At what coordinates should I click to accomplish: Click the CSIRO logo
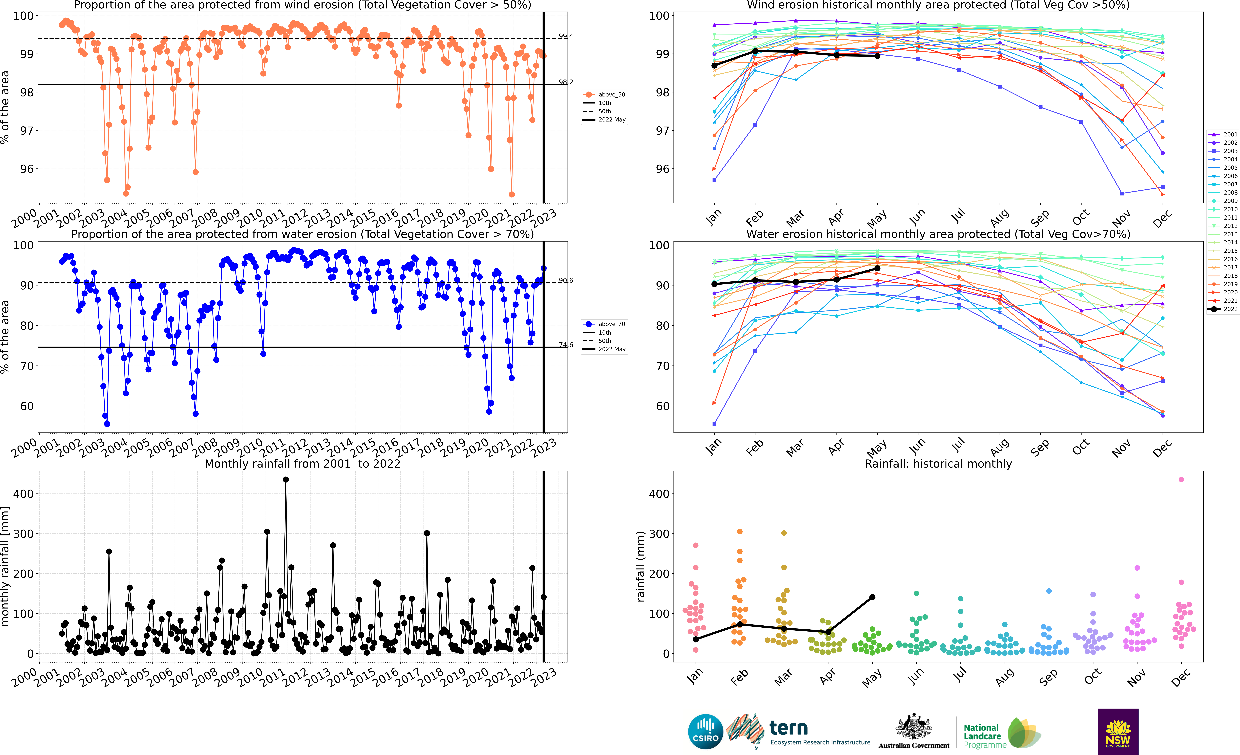(x=706, y=731)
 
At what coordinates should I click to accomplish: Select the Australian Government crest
(x=913, y=727)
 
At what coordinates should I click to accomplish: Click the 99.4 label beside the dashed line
(x=566, y=36)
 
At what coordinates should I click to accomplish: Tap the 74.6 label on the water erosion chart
(x=566, y=345)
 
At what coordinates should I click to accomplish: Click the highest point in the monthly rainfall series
(x=286, y=480)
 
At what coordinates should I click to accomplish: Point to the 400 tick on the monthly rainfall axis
(x=24, y=494)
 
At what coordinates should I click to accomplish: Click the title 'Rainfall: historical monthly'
(x=938, y=464)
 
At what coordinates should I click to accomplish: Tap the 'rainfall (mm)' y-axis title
(x=640, y=566)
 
